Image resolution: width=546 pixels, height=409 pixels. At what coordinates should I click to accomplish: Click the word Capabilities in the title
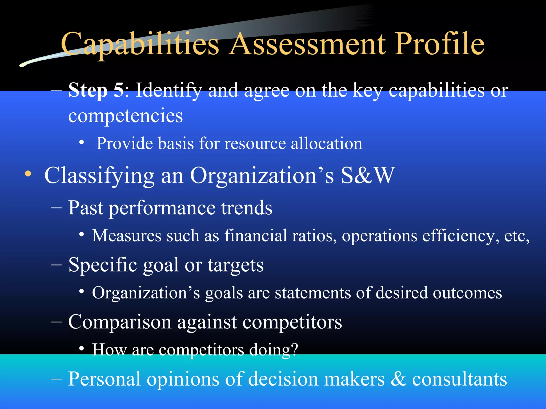click(140, 44)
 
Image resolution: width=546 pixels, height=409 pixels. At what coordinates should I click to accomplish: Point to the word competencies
click(126, 116)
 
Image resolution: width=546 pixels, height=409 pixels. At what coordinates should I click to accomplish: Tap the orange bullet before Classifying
click(28, 174)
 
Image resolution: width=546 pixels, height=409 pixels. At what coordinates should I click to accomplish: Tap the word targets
click(236, 265)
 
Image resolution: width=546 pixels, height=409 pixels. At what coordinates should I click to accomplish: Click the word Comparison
click(120, 322)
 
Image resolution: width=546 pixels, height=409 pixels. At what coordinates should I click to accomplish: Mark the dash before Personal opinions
click(56, 379)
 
